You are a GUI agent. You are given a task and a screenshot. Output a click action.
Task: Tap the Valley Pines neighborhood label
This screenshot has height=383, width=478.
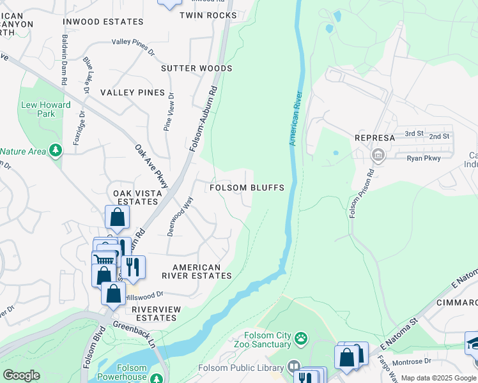coord(132,93)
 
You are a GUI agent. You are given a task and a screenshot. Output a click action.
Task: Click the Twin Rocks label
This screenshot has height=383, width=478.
coord(208,15)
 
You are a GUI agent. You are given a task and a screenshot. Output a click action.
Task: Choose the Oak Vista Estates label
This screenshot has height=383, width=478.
coord(135,197)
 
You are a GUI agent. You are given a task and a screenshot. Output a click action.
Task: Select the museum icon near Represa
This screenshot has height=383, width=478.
coord(378,154)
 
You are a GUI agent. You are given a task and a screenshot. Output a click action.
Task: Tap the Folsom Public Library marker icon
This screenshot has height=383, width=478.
coord(293,367)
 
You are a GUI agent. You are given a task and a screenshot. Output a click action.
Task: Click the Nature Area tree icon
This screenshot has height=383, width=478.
coord(56,151)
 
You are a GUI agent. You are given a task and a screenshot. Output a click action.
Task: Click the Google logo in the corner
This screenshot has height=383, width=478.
coord(21,375)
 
